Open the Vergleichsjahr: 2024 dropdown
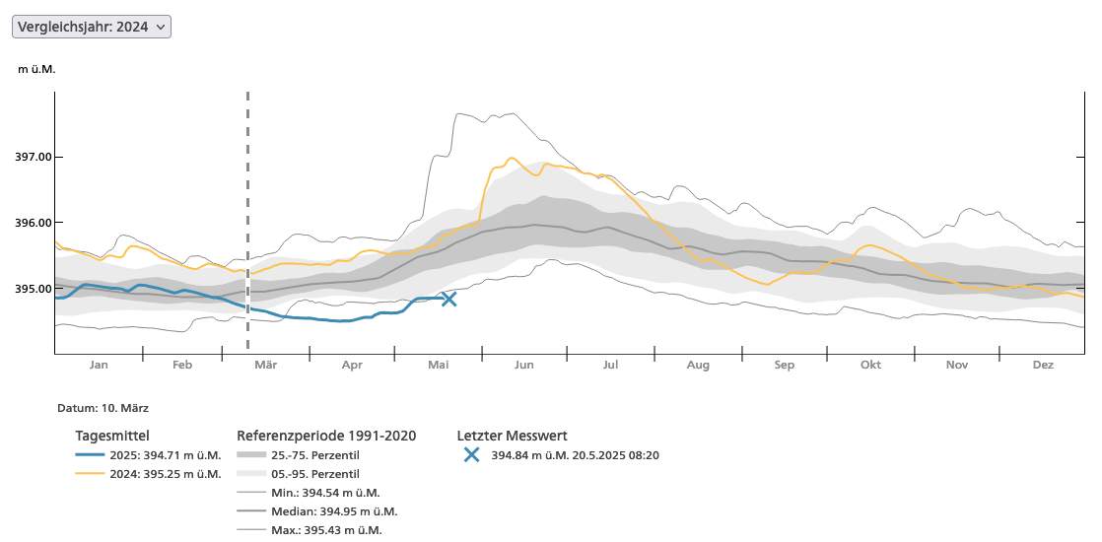point(92,27)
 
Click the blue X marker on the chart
point(449,299)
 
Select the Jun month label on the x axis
point(523,365)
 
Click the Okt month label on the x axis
point(870,365)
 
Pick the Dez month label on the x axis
point(1043,365)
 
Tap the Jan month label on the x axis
point(99,365)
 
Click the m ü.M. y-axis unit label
point(37,69)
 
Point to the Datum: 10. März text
point(103,407)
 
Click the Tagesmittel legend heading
point(112,436)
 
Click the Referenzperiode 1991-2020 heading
point(326,436)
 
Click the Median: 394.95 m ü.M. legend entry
point(333,511)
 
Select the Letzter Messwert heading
point(512,436)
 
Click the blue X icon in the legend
point(472,455)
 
